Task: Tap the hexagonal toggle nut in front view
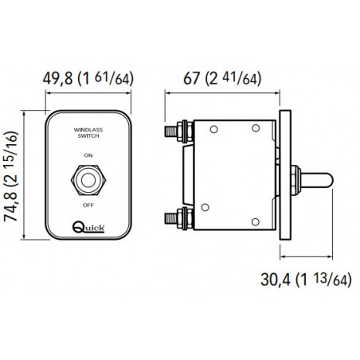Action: coord(89,179)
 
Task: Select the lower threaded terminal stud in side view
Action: coord(175,217)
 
